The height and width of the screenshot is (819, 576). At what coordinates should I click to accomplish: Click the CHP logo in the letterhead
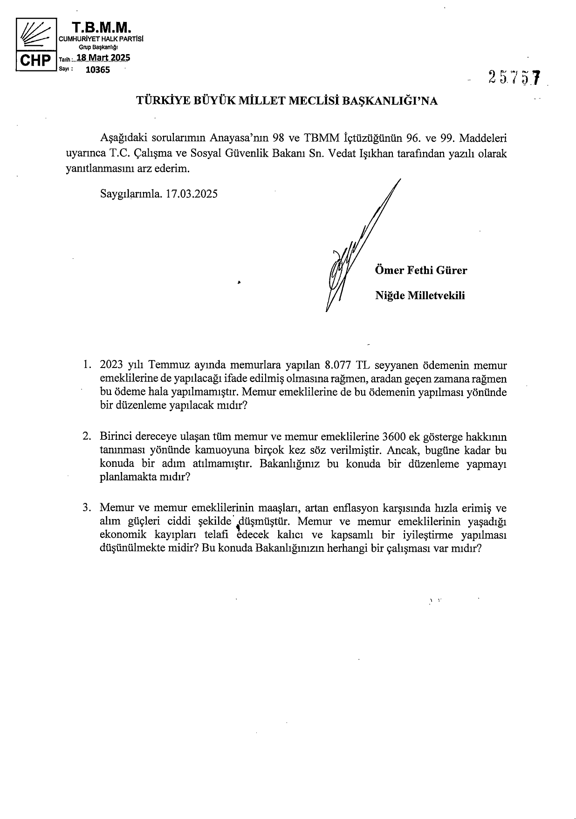[x=34, y=44]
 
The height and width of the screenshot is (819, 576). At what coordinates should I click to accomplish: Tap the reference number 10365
[x=98, y=70]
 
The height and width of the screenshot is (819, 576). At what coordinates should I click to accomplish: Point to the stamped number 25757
[x=514, y=77]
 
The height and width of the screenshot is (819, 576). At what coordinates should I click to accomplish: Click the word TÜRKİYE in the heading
[x=159, y=101]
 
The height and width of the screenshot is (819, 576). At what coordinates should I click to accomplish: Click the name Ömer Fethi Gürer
[x=421, y=271]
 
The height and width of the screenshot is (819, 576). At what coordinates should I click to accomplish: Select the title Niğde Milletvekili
[x=420, y=295]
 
